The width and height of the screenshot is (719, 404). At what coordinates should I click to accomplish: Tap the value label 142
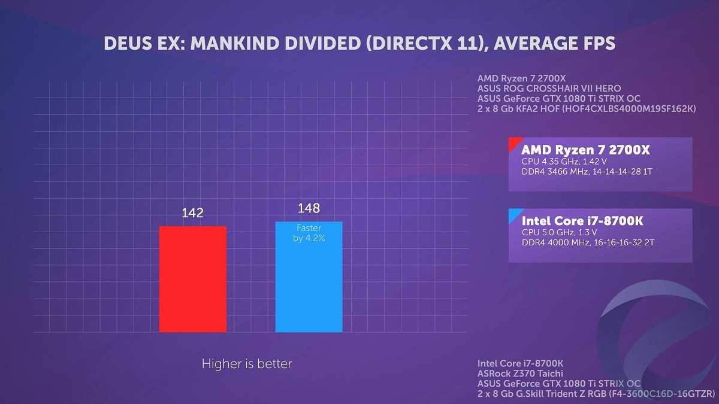point(193,213)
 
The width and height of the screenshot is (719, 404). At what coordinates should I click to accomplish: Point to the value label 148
point(309,208)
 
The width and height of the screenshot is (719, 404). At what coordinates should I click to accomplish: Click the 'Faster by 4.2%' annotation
point(309,233)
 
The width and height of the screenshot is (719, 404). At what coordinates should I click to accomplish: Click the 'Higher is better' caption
point(247,363)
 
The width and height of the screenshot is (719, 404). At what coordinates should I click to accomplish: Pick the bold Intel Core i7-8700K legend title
point(582,221)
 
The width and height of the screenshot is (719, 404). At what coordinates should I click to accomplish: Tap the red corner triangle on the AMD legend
point(513,143)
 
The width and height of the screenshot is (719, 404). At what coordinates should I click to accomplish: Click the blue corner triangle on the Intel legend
point(513,214)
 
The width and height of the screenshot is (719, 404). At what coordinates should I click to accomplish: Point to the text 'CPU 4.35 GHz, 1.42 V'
point(565,161)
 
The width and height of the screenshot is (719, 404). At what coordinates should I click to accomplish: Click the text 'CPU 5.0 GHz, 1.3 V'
point(560,232)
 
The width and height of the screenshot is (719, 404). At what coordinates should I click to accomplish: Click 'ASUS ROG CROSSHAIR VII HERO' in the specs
point(540,89)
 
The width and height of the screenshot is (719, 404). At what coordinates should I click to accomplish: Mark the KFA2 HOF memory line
point(586,109)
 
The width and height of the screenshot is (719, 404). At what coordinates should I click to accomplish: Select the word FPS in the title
point(596,44)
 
